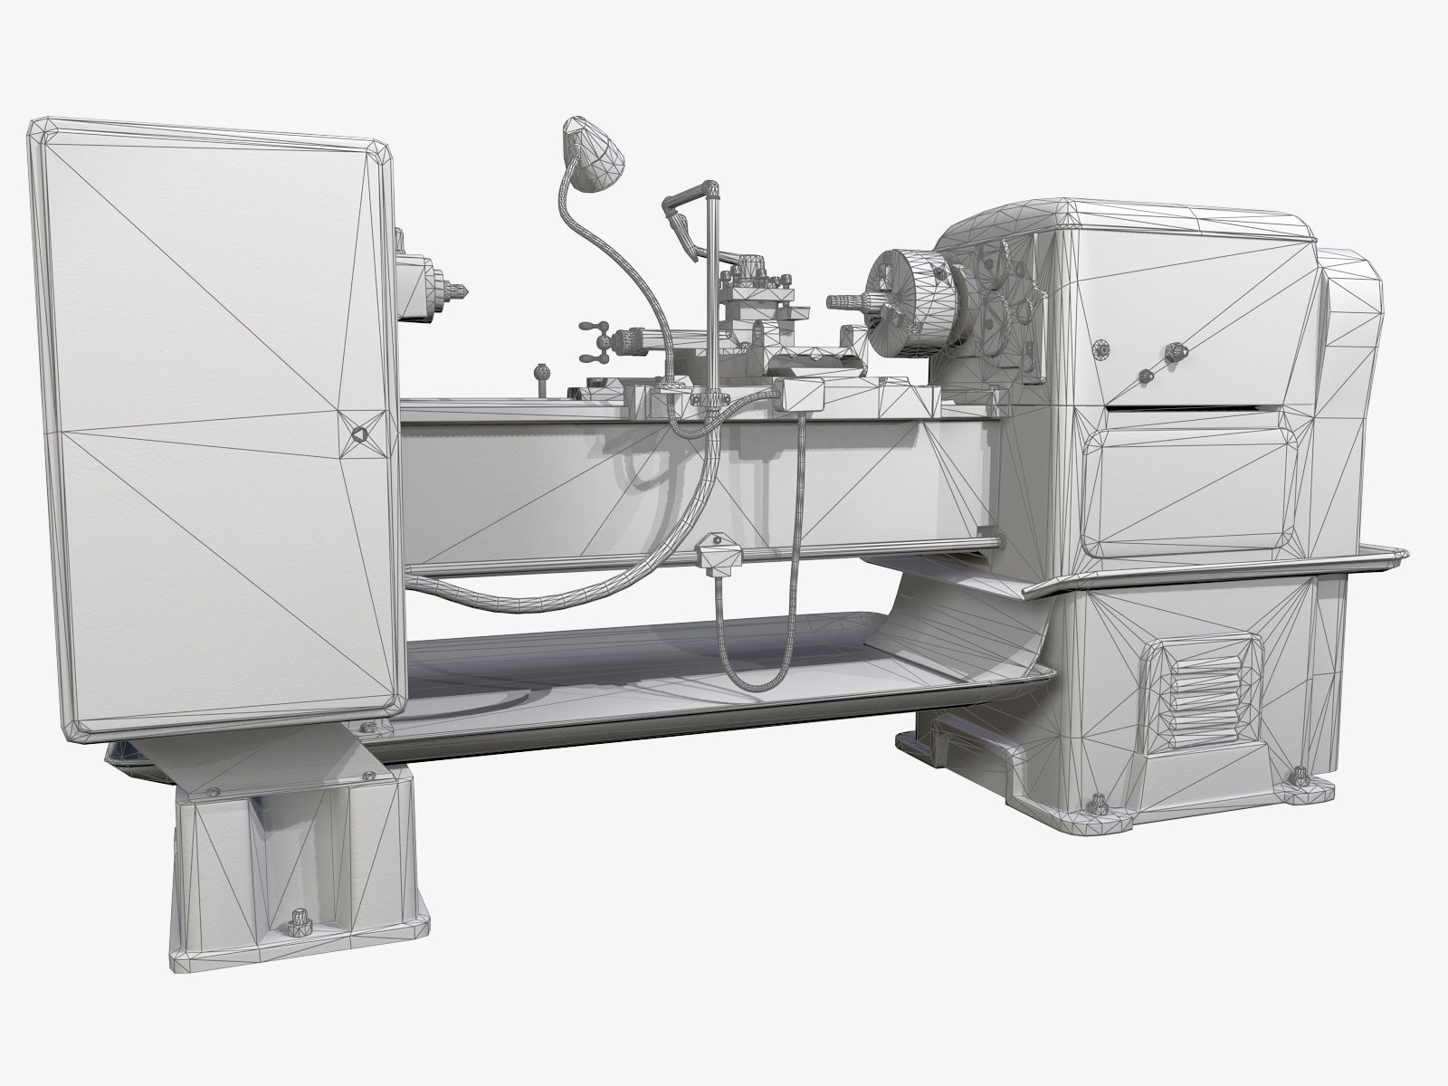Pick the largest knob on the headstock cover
pyautogui.click(x=1175, y=349)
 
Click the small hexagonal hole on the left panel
pyautogui.click(x=357, y=434)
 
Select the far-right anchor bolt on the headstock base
pyautogui.click(x=1300, y=776)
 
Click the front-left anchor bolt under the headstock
pyautogui.click(x=1099, y=803)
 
